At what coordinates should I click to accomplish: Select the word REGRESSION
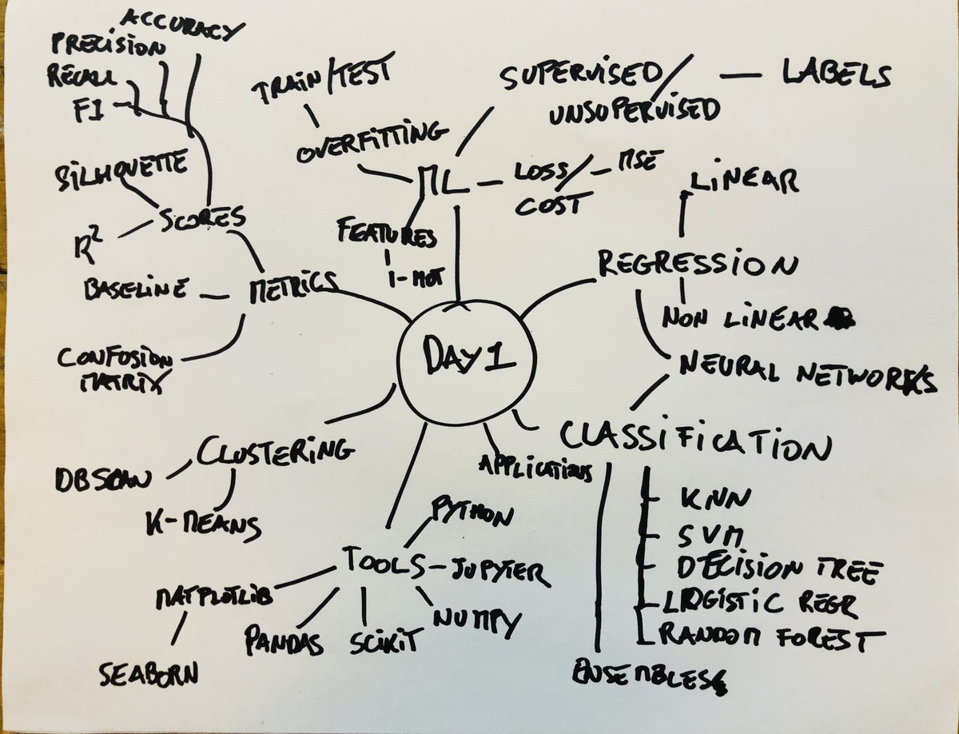(x=697, y=264)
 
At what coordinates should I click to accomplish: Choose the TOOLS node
(x=383, y=562)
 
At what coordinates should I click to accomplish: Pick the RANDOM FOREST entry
(x=772, y=637)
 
